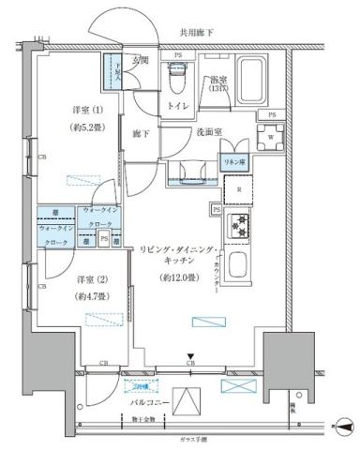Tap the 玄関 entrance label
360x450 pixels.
tap(141, 61)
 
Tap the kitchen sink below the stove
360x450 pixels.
tap(240, 267)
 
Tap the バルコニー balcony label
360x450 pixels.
tap(151, 400)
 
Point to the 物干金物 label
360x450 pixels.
tap(142, 418)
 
